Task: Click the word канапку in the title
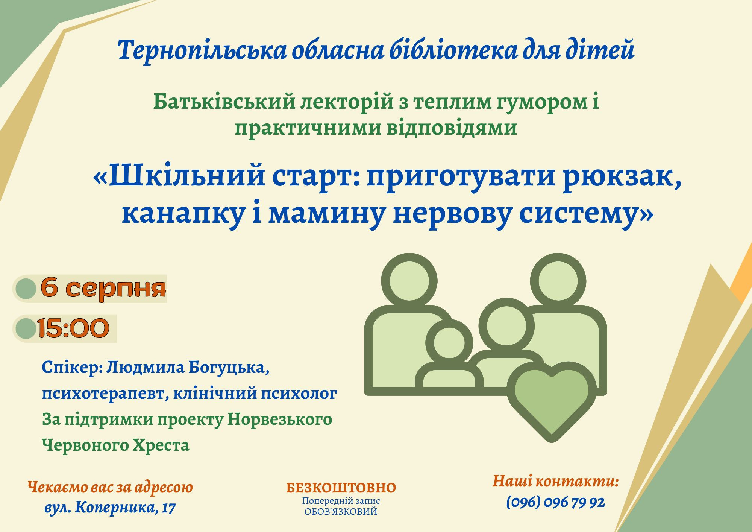click(183, 214)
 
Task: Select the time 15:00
click(73, 328)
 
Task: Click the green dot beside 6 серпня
click(26, 289)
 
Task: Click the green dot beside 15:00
click(26, 328)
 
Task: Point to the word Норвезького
click(280, 420)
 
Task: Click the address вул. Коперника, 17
click(110, 508)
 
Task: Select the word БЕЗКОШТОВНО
click(341, 488)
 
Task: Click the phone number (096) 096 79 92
click(555, 502)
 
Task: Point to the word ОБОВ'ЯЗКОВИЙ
click(341, 512)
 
